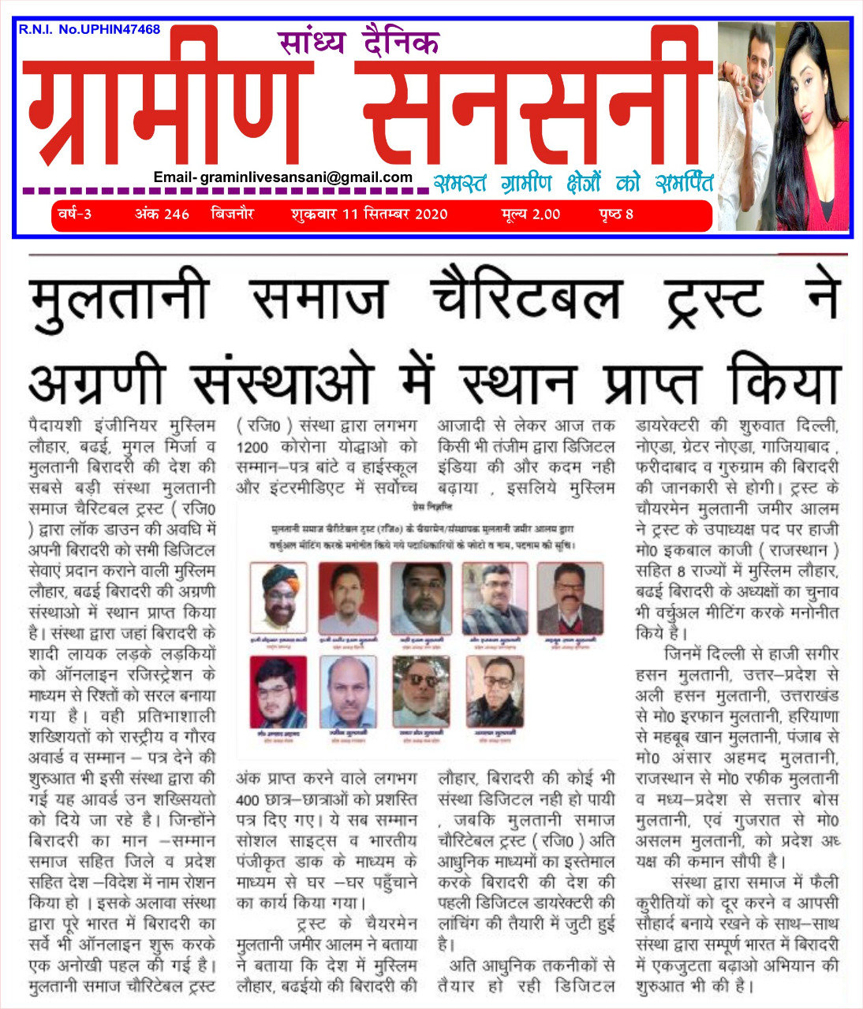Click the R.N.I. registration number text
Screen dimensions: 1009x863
tap(89, 30)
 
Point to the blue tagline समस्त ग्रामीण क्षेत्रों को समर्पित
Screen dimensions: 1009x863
tap(573, 184)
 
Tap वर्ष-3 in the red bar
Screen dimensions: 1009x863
tap(75, 214)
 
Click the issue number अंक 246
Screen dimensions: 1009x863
tap(162, 214)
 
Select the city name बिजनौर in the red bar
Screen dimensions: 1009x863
tap(233, 214)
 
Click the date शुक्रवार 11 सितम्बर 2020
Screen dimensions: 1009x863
tap(369, 214)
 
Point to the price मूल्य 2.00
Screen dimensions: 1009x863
tap(530, 214)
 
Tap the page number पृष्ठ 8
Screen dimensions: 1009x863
tap(616, 214)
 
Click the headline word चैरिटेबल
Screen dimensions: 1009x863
tap(527, 299)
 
